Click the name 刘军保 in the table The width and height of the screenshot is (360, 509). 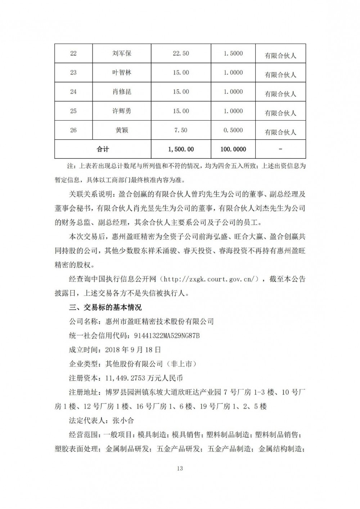click(x=122, y=54)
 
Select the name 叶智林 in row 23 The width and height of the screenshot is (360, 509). click(x=122, y=73)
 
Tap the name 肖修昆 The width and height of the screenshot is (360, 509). click(x=122, y=92)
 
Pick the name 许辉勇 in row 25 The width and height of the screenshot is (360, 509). click(x=122, y=111)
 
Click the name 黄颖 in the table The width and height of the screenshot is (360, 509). click(x=122, y=130)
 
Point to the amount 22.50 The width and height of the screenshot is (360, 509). click(x=181, y=54)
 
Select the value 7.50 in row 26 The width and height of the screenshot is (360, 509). click(x=181, y=130)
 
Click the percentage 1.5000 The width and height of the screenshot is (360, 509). click(x=233, y=54)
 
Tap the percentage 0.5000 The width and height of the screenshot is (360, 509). click(x=233, y=130)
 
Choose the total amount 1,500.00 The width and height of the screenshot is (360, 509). click(x=181, y=149)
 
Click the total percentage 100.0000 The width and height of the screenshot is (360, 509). click(x=233, y=149)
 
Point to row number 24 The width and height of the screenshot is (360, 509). click(x=73, y=92)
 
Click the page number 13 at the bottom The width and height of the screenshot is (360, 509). click(x=180, y=468)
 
